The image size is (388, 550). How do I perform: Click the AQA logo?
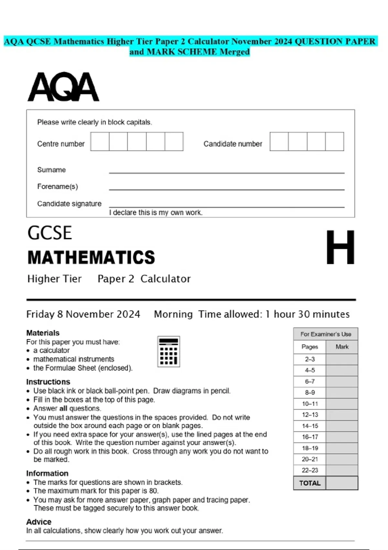[x=63, y=87]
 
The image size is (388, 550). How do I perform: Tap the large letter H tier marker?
[x=340, y=247]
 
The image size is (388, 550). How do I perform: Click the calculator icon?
[x=168, y=351]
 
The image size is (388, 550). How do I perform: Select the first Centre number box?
[x=100, y=141]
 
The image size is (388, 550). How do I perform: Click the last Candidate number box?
[x=334, y=141]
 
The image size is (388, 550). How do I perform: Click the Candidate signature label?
[x=69, y=204]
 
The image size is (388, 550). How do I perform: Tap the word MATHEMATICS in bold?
[x=91, y=258]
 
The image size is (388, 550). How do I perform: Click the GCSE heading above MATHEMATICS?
[x=49, y=233]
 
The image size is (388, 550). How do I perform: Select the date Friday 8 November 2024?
[x=83, y=314]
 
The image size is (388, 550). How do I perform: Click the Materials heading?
[x=43, y=333]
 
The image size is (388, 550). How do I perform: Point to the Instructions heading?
[x=48, y=382]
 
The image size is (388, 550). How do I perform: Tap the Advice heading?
[x=39, y=522]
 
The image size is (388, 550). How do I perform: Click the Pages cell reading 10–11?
[x=310, y=404]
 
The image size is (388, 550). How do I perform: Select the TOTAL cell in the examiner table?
[x=310, y=483]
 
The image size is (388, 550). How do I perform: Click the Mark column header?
[x=342, y=347]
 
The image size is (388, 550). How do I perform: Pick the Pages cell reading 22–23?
[x=310, y=470]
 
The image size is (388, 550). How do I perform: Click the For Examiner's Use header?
[x=326, y=334]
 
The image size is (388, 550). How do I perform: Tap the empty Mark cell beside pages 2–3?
[x=342, y=359]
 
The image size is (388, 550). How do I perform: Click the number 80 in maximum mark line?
[x=153, y=491]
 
